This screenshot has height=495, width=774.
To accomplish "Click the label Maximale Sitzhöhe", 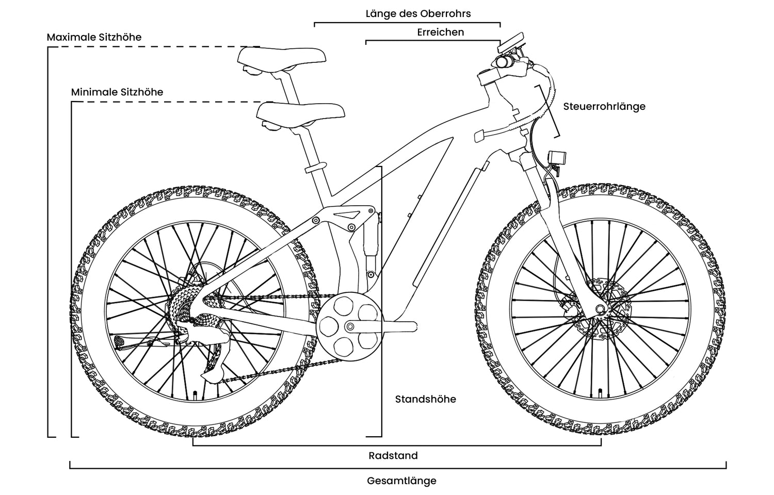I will click(x=94, y=37).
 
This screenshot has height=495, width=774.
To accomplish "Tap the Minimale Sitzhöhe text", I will click(x=117, y=92).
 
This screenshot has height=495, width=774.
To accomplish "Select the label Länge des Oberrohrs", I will click(x=418, y=13).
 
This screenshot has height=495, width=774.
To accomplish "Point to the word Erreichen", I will click(x=440, y=32).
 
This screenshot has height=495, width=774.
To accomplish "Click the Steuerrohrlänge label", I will click(x=604, y=107).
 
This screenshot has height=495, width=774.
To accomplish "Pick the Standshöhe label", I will click(x=425, y=399).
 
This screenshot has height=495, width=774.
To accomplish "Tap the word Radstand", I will click(x=393, y=456).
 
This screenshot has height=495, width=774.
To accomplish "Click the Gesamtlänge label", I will click(x=401, y=481).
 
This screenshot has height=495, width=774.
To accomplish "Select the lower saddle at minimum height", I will click(x=301, y=112).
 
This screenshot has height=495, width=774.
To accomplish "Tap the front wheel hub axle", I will click(x=600, y=309).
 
